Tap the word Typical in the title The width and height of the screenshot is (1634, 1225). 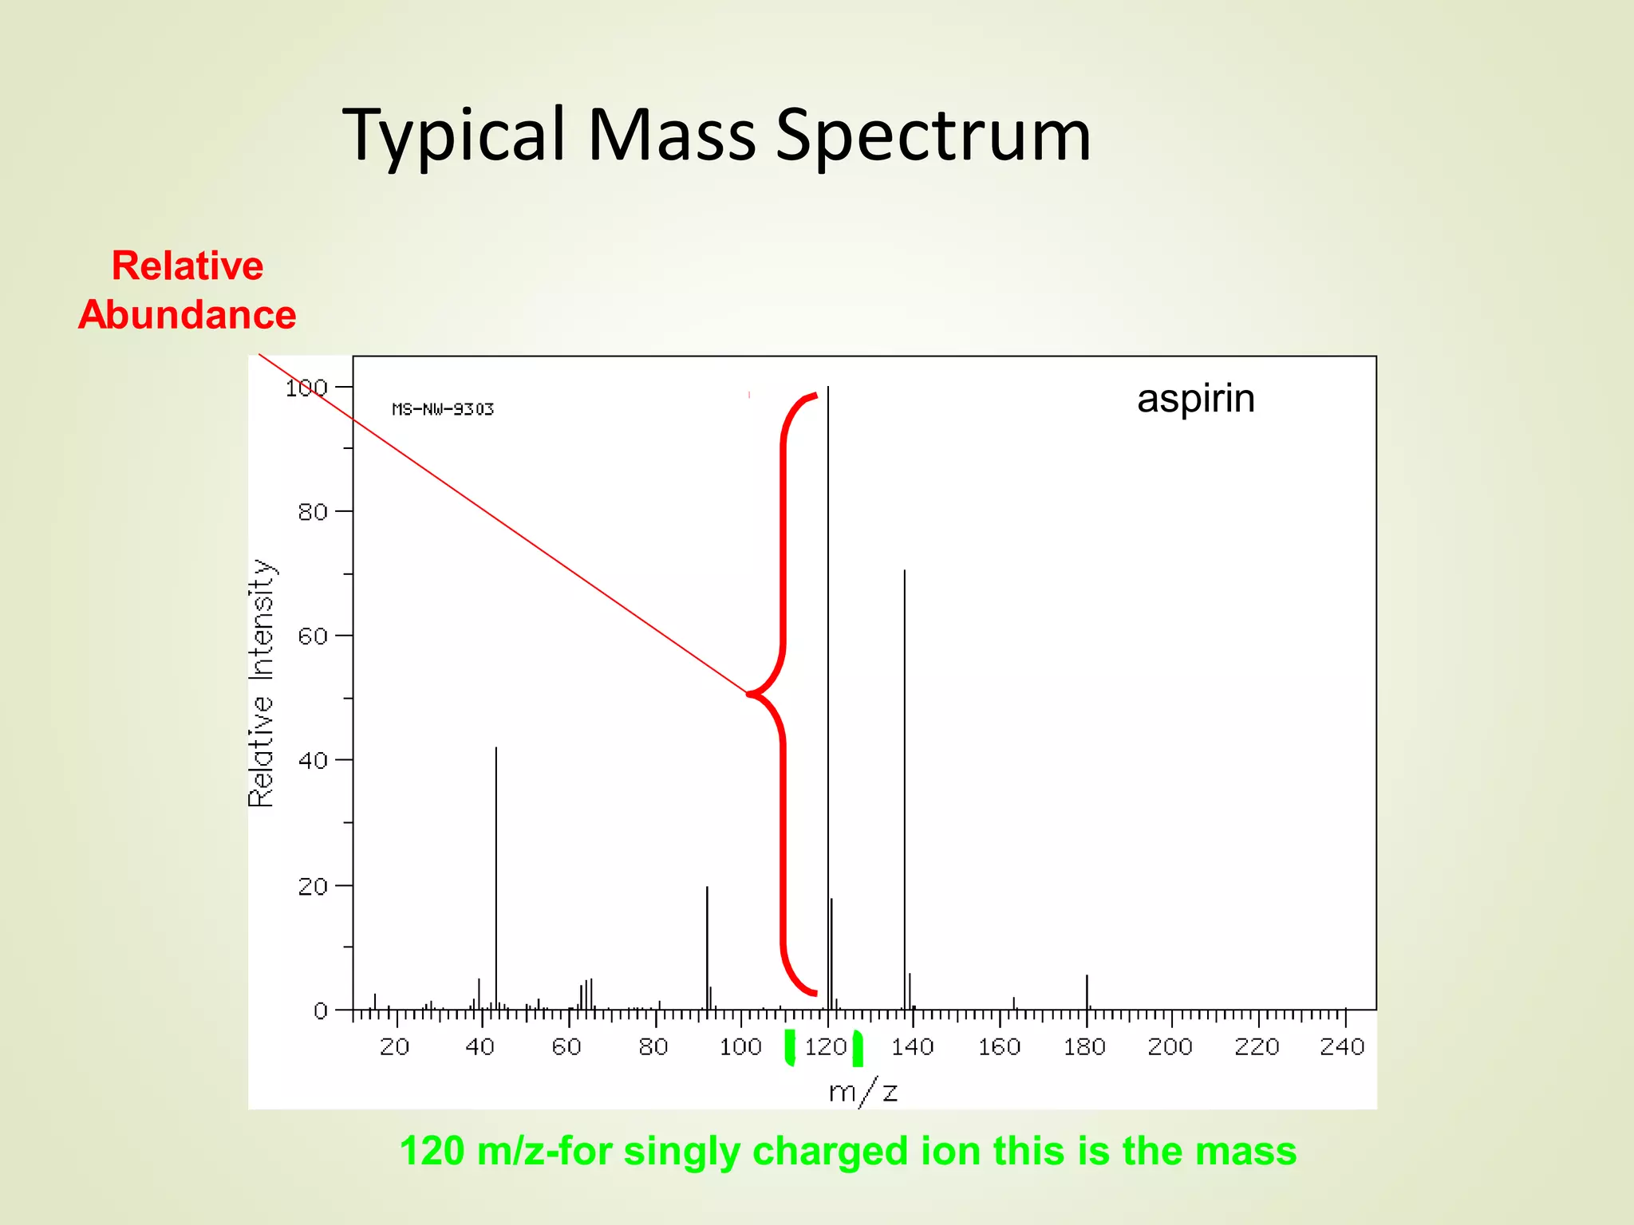click(x=455, y=136)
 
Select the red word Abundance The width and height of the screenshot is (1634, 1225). click(x=187, y=314)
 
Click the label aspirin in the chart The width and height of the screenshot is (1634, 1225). click(x=1195, y=398)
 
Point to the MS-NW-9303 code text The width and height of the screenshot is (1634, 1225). click(x=443, y=409)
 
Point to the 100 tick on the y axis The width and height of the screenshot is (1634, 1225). click(x=306, y=388)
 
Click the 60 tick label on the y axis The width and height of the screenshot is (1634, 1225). click(x=313, y=636)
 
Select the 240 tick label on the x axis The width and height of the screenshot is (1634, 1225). click(x=1343, y=1046)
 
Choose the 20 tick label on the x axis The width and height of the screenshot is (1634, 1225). click(x=395, y=1046)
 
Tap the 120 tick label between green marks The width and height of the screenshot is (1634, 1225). click(x=825, y=1046)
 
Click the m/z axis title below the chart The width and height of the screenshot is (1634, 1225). click(x=863, y=1091)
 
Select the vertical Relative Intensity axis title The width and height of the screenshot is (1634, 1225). click(x=262, y=683)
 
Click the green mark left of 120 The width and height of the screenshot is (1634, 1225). click(x=790, y=1047)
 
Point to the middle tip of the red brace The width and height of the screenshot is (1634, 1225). click(x=751, y=694)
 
